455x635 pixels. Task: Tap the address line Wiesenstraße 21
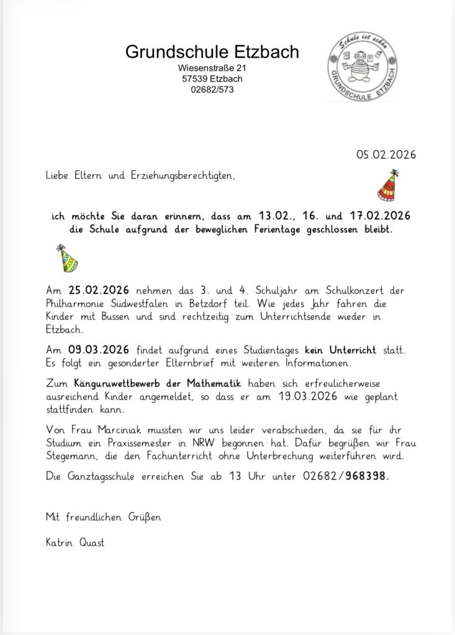click(212, 68)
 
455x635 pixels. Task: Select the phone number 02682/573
click(212, 89)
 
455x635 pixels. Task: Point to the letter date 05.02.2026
click(385, 154)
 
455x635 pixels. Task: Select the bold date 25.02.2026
click(99, 290)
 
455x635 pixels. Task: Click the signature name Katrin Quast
click(75, 543)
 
